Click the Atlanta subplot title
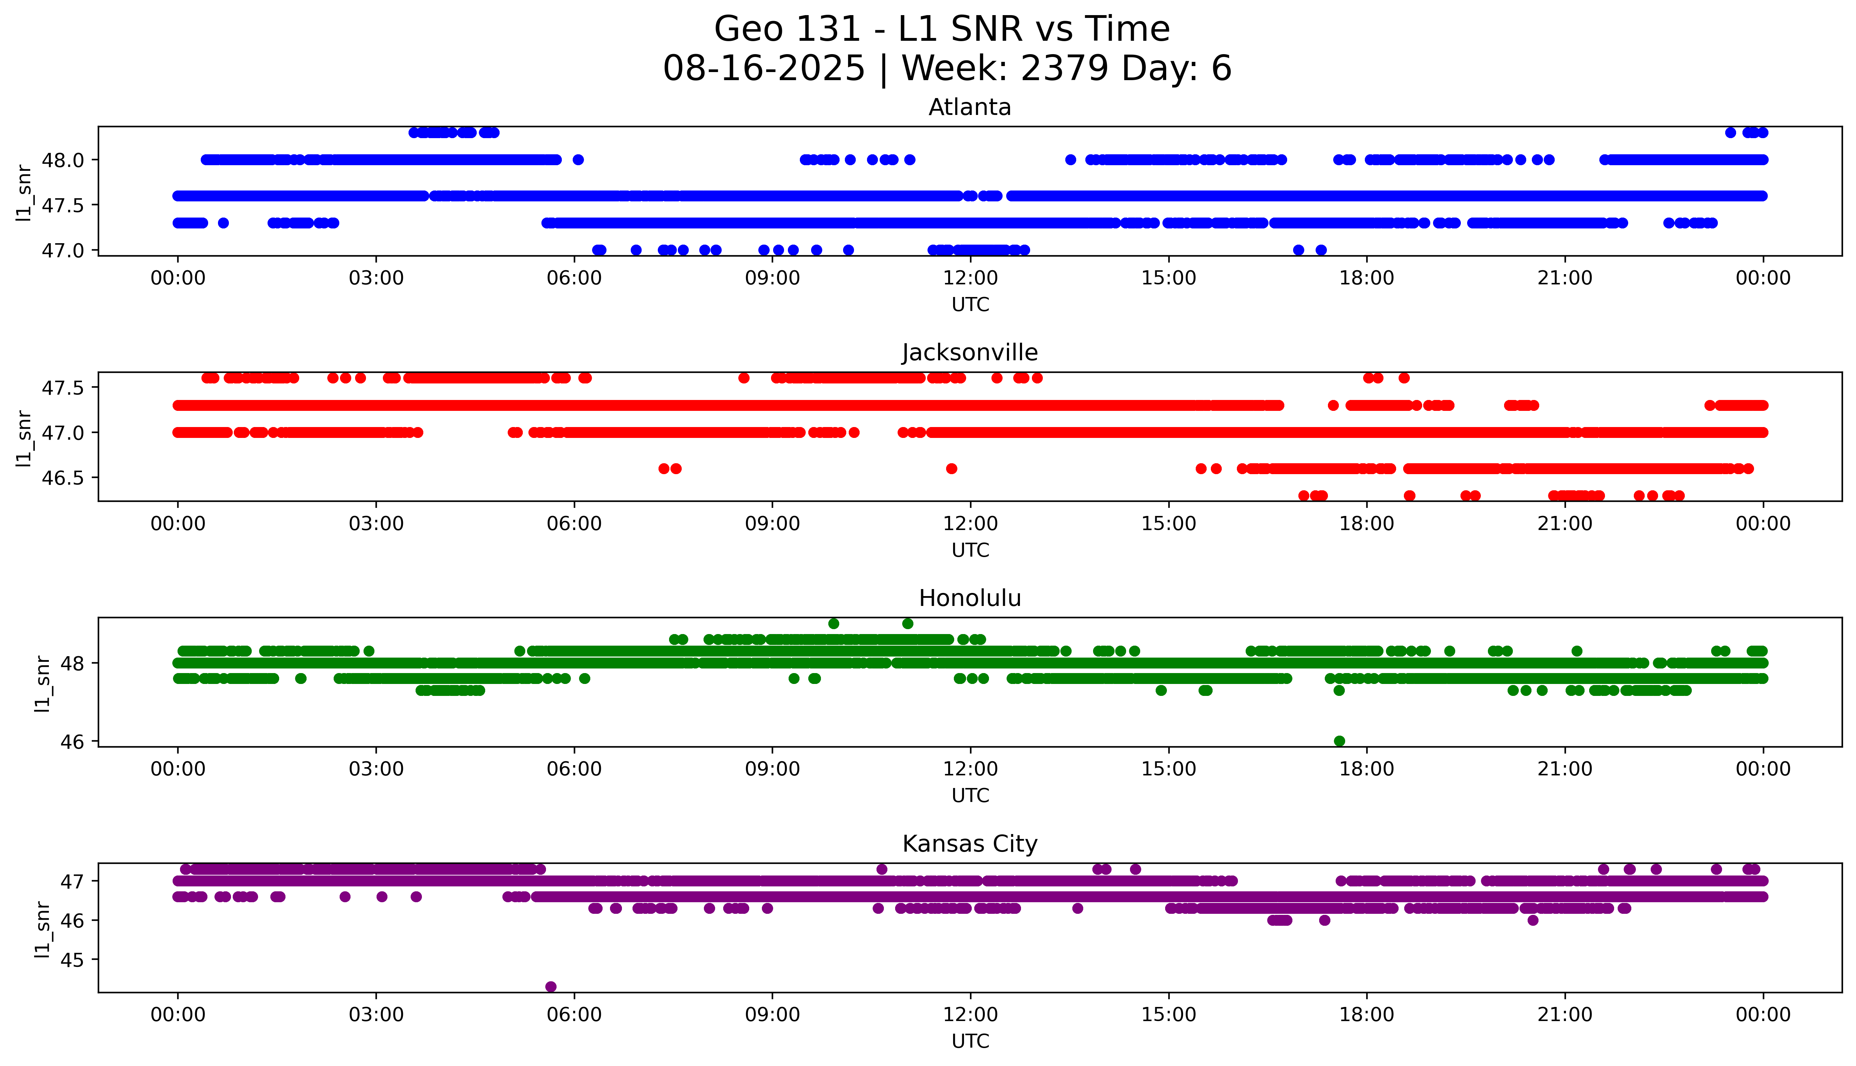(x=969, y=108)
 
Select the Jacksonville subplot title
(x=969, y=353)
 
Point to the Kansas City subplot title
(x=969, y=844)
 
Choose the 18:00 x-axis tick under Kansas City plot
(x=1366, y=1015)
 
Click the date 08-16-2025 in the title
(x=764, y=69)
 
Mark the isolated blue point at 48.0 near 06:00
(x=578, y=160)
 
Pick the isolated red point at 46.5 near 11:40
(x=951, y=469)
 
